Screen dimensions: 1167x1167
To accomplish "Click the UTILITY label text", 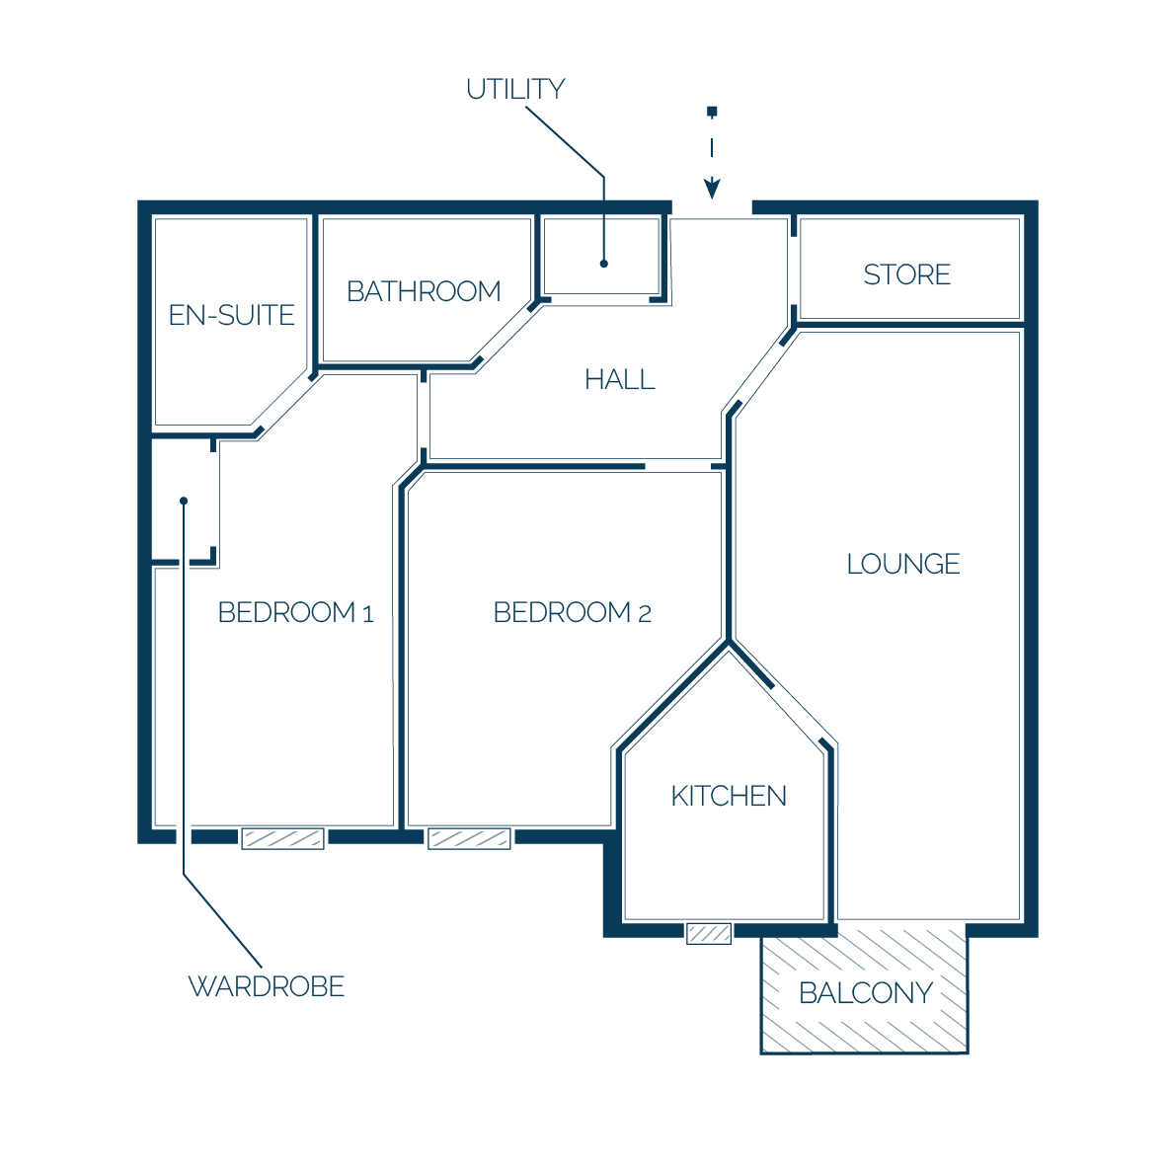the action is (x=515, y=89).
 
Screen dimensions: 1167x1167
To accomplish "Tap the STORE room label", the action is (x=906, y=274).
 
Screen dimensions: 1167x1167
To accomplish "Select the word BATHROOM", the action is (x=424, y=291).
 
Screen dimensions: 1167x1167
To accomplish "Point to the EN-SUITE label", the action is (x=231, y=315).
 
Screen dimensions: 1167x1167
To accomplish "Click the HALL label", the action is (x=619, y=379).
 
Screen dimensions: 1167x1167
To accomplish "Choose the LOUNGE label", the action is (x=902, y=564).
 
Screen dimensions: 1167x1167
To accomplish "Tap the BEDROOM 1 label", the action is (x=295, y=612).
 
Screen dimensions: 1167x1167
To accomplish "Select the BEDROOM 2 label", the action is (x=573, y=612).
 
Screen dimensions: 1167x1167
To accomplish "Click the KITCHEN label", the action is (x=729, y=797).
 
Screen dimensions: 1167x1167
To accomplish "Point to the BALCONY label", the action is (x=866, y=993).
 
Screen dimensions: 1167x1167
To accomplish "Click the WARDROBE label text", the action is (x=267, y=987).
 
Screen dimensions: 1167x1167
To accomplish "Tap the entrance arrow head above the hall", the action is (x=712, y=189).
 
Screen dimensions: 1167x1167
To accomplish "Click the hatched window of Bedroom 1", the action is (x=282, y=839).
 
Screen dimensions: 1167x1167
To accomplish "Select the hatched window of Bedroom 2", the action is (x=469, y=839).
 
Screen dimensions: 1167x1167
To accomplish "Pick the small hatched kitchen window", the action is (x=709, y=933).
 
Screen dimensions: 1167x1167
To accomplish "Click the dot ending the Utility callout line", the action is (x=603, y=264).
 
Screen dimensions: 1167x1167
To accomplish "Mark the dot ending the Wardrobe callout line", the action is (x=184, y=501).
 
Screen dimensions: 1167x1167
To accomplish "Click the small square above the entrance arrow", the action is (x=712, y=112).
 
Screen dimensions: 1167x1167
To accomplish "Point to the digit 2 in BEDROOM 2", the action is (x=645, y=614).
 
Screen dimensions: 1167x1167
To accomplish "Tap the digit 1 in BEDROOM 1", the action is (x=367, y=614).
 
